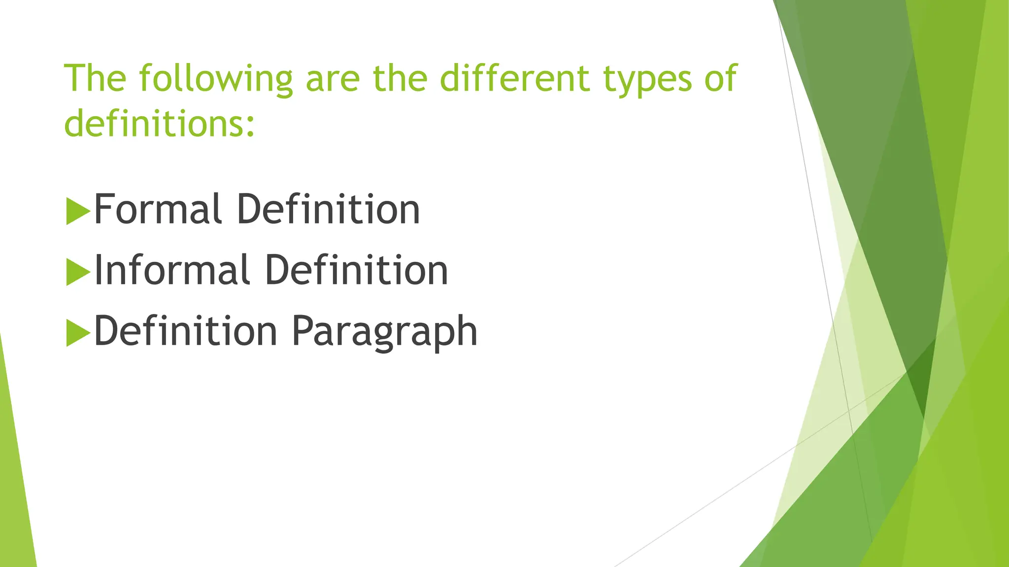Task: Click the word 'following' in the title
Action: [x=215, y=79]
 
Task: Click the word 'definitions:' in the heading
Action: [x=160, y=123]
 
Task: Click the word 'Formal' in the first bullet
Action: [x=157, y=210]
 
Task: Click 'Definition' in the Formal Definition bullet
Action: [x=328, y=210]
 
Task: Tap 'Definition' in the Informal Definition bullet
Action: [x=357, y=270]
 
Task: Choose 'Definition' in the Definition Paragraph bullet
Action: [x=186, y=331]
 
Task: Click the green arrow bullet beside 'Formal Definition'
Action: [x=77, y=212]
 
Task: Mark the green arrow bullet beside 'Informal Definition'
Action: [x=77, y=272]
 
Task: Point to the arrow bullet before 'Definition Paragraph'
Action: [x=77, y=333]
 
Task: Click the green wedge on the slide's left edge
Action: [x=15, y=492]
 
